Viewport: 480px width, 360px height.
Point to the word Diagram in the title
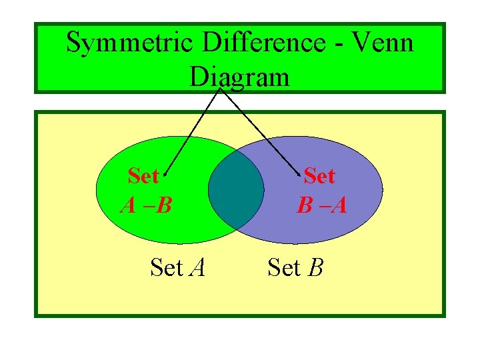pos(239,77)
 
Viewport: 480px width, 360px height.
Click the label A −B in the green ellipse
pos(145,205)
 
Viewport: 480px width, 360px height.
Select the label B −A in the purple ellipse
pos(322,205)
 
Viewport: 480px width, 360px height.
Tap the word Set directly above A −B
pos(143,177)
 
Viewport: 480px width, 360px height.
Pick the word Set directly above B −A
pos(319,177)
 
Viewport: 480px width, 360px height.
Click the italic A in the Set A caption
pos(197,268)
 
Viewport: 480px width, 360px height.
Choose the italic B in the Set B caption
pos(316,268)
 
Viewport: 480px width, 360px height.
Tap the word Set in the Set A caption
pos(167,268)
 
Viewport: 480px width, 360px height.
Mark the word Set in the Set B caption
pos(284,268)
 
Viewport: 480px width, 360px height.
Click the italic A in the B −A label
pos(339,205)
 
